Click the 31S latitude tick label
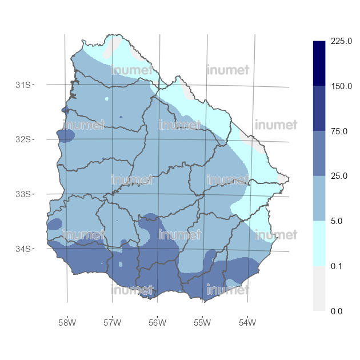coord(23,85)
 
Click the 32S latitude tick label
coord(23,139)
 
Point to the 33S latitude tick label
coord(23,194)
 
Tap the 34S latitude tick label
coord(23,249)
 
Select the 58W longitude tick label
coord(67,323)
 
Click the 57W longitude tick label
coord(112,323)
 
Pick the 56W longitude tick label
coord(157,323)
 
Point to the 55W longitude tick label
coord(202,323)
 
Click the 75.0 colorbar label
coord(340,131)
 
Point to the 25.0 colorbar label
coord(340,176)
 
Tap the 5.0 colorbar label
coord(338,221)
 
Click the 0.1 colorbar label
coord(338,266)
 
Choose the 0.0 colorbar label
coord(338,311)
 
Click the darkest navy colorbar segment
coord(319,63)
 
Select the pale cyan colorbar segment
coord(319,243)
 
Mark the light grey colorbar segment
coord(319,289)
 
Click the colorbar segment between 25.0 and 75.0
coord(319,154)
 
